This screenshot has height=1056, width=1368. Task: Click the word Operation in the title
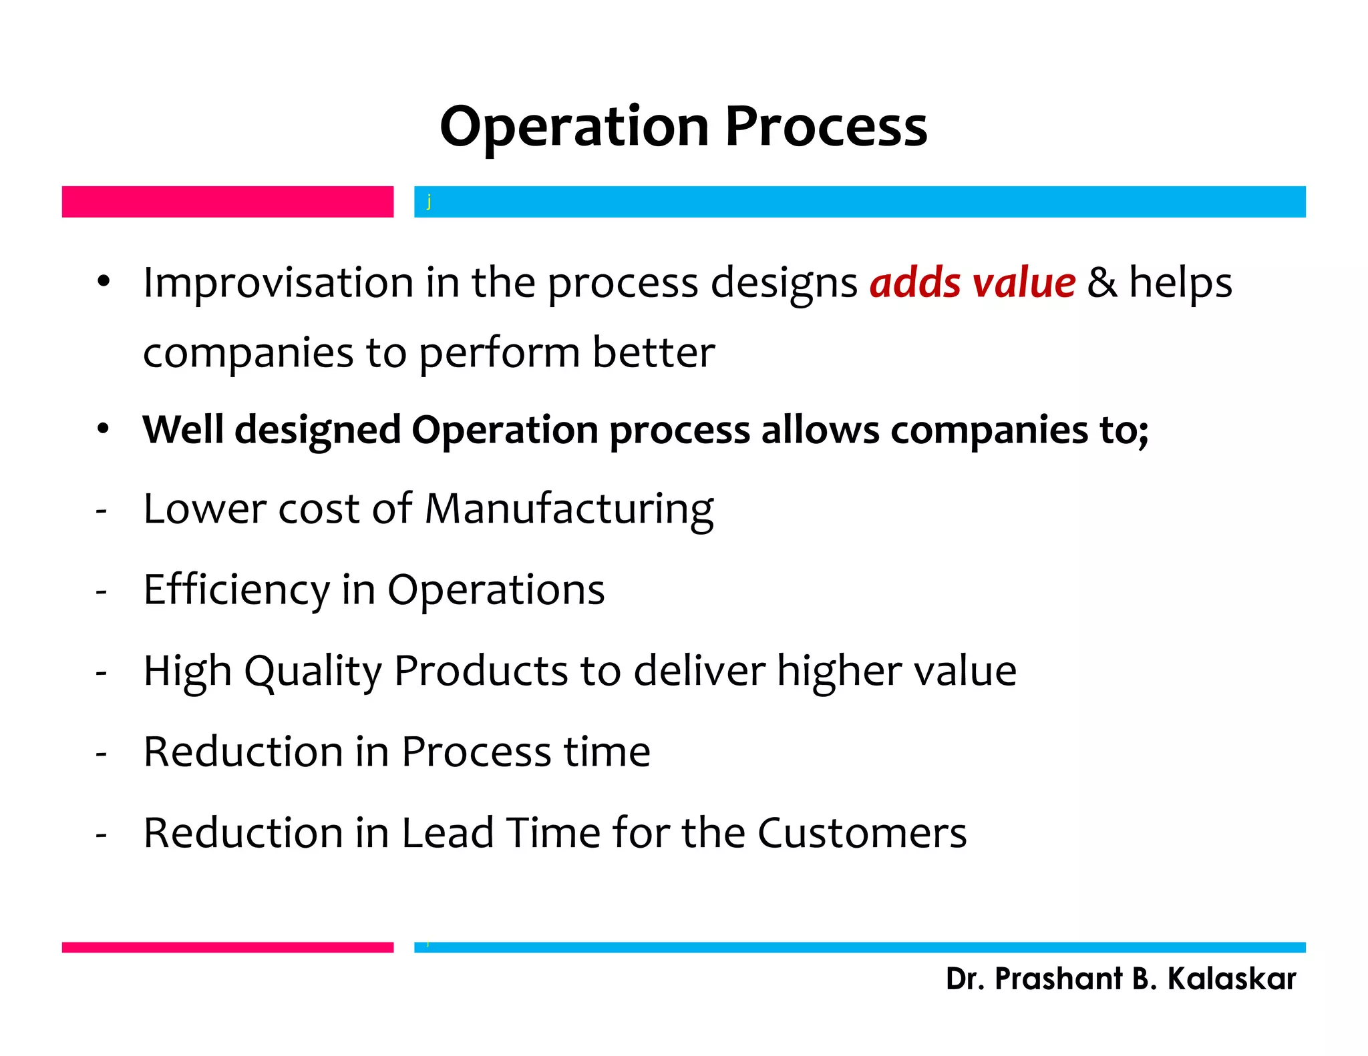click(x=574, y=127)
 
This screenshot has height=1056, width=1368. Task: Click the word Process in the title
click(x=826, y=127)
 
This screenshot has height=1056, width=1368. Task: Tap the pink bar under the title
click(x=227, y=202)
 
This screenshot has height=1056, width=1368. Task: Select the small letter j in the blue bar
click(x=429, y=201)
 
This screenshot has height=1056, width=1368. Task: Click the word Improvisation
click(x=278, y=282)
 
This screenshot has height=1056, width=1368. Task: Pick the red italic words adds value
click(x=972, y=282)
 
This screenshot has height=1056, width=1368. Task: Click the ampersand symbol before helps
click(x=1101, y=282)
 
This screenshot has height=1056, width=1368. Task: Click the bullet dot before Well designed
click(x=102, y=429)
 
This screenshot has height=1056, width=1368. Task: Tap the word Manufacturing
click(x=569, y=509)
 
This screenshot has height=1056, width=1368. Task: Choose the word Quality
click(x=313, y=671)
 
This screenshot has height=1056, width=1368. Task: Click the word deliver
click(x=699, y=671)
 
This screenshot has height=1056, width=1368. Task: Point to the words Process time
click(x=526, y=752)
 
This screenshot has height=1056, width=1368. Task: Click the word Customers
click(x=862, y=833)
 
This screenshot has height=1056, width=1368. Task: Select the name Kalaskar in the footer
click(x=1231, y=979)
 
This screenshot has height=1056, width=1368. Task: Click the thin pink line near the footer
click(x=227, y=947)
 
